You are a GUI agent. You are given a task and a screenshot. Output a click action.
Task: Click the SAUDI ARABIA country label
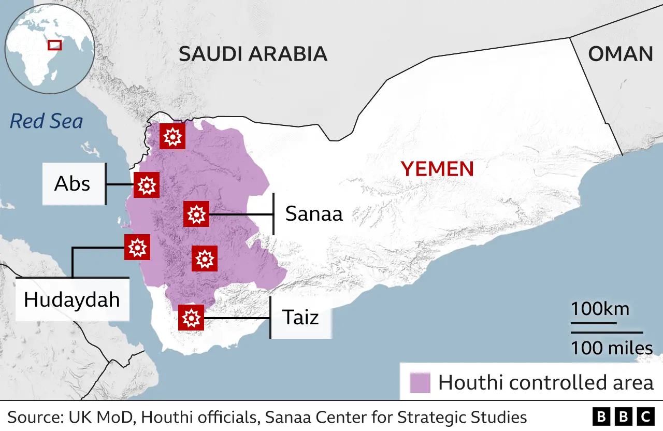(x=253, y=54)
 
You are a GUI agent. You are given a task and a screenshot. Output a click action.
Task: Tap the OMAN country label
(x=620, y=54)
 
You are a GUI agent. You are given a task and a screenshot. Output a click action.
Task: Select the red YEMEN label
(x=437, y=169)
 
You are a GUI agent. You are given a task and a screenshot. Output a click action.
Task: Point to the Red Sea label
(x=46, y=121)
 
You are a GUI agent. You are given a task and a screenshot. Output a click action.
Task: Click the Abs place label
(x=73, y=184)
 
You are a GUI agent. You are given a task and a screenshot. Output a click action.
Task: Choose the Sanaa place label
(x=314, y=213)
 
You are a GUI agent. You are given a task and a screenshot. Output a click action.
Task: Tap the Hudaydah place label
(x=71, y=300)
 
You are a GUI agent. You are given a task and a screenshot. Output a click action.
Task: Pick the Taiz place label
(x=300, y=317)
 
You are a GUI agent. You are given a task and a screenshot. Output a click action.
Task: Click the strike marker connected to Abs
(x=146, y=185)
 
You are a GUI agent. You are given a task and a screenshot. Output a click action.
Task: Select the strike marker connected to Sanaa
(x=196, y=214)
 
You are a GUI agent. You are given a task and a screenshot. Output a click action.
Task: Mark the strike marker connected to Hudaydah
(x=137, y=247)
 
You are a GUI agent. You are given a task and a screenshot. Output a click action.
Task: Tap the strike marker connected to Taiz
(x=191, y=318)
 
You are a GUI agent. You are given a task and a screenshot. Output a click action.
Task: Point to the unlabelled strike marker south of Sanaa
(x=205, y=258)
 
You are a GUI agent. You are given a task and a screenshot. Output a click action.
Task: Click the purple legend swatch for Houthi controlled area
(x=420, y=383)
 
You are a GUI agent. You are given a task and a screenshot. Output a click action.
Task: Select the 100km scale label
(x=600, y=309)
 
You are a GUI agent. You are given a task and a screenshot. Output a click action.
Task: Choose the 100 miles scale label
(x=611, y=348)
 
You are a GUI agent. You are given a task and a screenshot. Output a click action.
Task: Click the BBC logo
(x=623, y=417)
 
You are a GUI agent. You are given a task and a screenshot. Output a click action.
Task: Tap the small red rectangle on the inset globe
(x=54, y=45)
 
